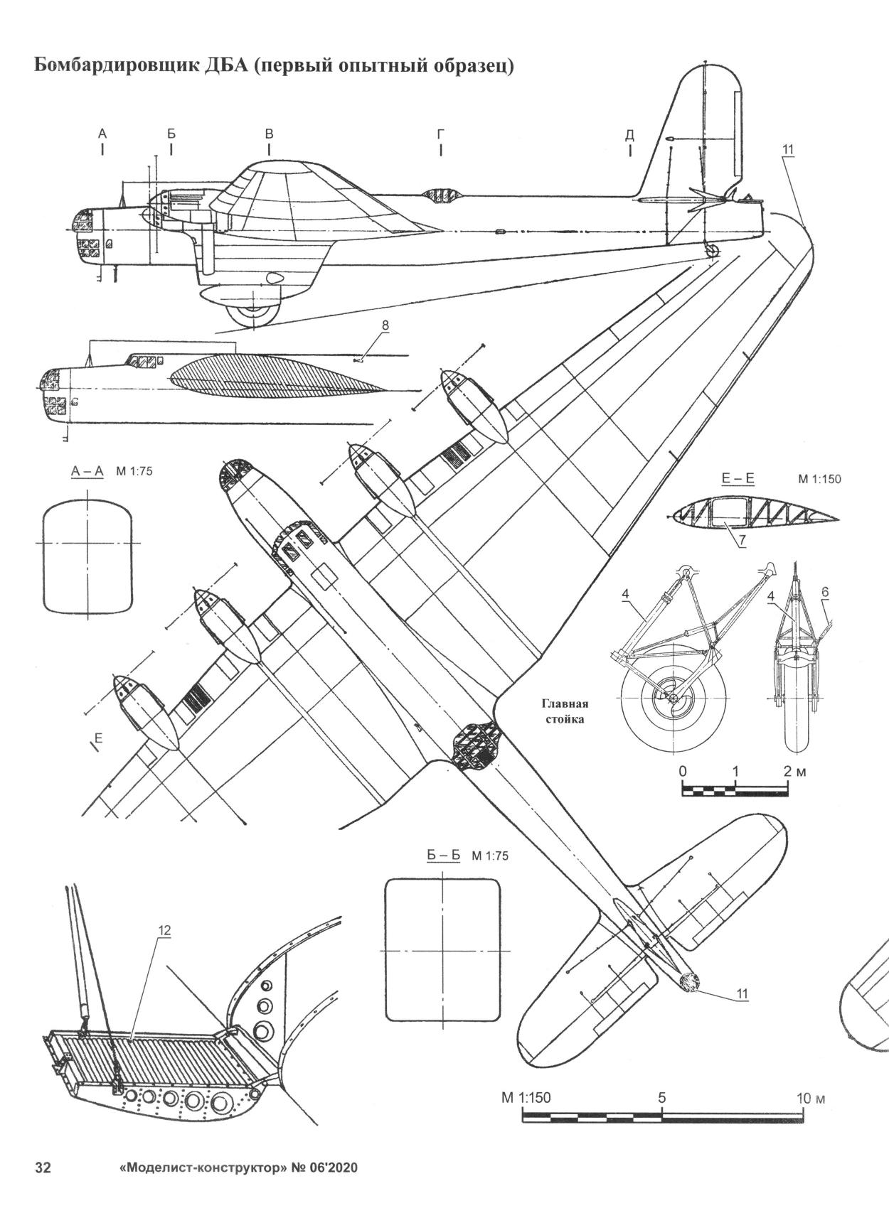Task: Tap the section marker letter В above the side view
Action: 269,134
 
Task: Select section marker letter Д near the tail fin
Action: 629,134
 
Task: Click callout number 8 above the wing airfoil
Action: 385,325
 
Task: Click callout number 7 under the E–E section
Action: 741,541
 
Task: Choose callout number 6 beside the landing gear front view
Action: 824,592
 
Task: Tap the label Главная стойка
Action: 566,712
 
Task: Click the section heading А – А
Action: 87,471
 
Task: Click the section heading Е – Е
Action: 738,480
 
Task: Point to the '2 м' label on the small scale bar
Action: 794,771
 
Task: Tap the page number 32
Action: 43,1169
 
